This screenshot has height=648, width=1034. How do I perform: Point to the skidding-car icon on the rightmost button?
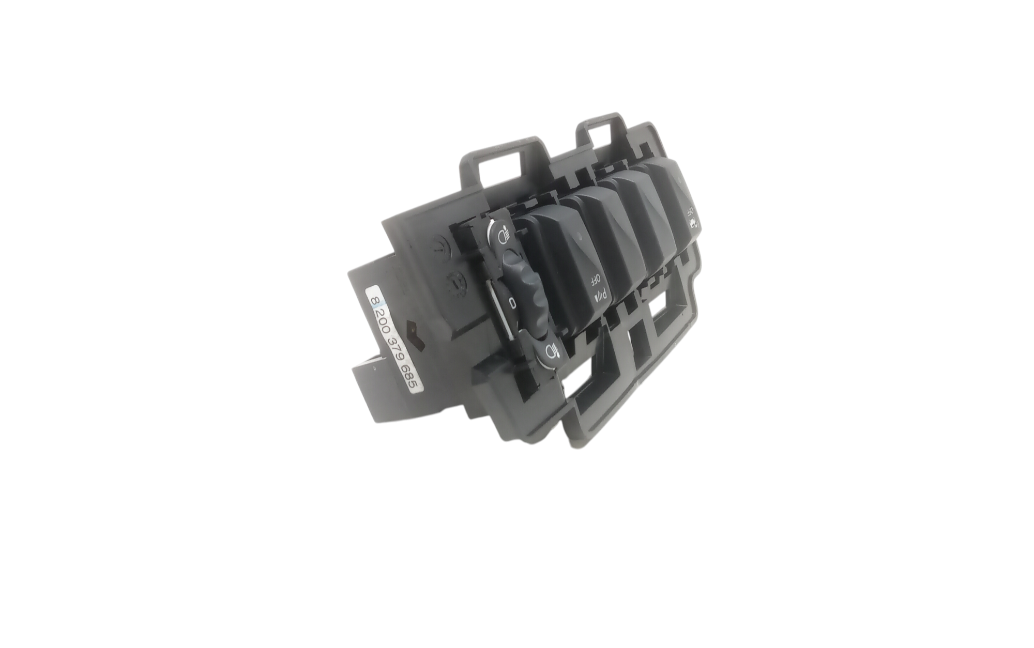pos(693,224)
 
